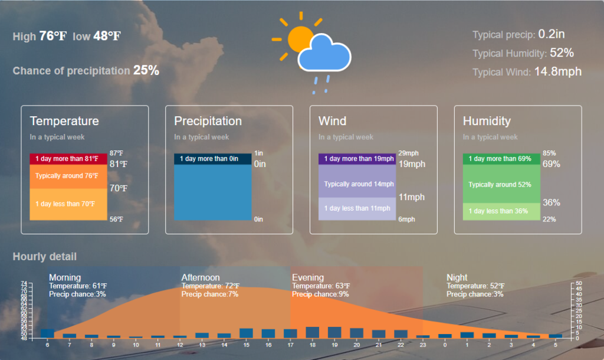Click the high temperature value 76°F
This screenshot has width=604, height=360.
point(52,36)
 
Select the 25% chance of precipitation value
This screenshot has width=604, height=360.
point(146,70)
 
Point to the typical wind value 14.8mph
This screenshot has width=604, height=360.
point(558,71)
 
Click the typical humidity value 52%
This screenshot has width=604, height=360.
point(562,53)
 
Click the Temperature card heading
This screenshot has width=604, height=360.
point(64,121)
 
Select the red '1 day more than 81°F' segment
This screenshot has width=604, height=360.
point(68,159)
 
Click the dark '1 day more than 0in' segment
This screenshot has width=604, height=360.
point(212,159)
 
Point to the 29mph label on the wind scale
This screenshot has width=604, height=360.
point(408,153)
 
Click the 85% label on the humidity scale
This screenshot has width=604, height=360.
point(549,153)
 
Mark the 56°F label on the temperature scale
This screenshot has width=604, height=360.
point(116,220)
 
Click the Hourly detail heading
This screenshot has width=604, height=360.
point(45,257)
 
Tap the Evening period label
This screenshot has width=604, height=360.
point(308,277)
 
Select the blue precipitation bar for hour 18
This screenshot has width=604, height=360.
point(313,332)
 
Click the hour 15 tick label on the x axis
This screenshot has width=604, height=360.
point(246,345)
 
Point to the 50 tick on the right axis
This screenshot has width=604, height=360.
point(579,283)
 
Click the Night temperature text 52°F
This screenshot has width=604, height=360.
point(497,286)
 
